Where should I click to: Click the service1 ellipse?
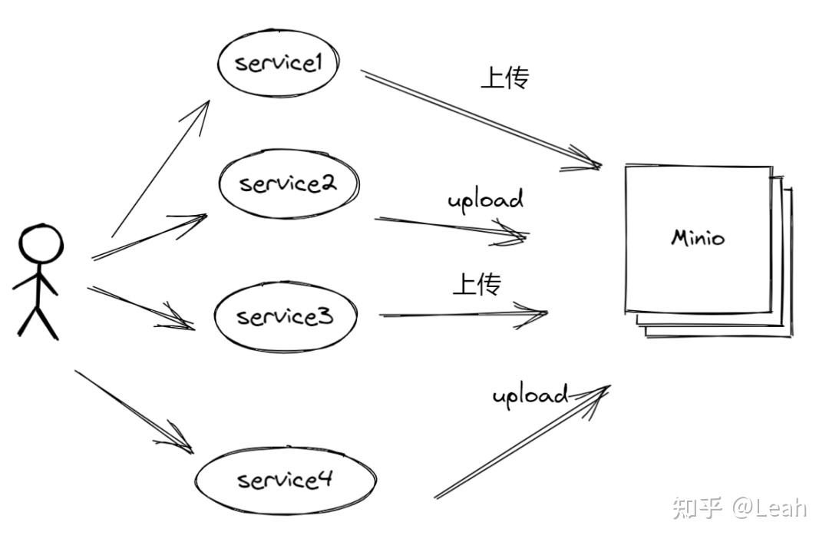pos(278,63)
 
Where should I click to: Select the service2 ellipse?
pos(288,184)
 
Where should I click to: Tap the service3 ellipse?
pos(285,316)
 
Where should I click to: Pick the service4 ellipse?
pos(285,480)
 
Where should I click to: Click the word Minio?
pos(698,237)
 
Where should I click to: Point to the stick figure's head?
pos(41,245)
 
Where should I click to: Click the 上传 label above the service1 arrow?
pos(504,78)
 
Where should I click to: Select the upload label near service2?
pos(485,200)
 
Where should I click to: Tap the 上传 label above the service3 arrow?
pos(477,285)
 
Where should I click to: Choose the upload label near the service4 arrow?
pos(530,395)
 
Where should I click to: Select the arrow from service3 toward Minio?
pos(461,314)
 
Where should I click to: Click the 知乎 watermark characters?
pos(698,507)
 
